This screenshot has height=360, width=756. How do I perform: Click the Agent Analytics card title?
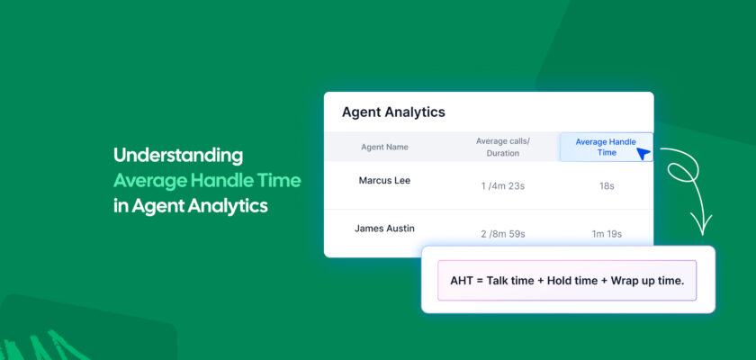click(393, 112)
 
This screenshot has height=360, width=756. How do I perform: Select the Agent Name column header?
click(385, 147)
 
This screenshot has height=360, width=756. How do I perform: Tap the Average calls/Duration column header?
click(503, 147)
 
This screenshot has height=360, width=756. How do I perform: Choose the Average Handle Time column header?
click(606, 147)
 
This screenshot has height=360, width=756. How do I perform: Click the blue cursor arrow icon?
click(643, 154)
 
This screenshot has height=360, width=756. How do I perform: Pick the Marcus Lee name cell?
click(385, 180)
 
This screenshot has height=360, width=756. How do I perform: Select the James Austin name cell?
click(385, 229)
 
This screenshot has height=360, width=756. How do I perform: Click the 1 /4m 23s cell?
click(503, 186)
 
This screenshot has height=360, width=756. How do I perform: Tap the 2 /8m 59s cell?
click(503, 234)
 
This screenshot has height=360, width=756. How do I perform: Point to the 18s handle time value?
click(607, 186)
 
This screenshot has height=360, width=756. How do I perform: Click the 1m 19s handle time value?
click(607, 234)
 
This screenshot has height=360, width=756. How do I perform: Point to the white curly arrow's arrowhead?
click(701, 227)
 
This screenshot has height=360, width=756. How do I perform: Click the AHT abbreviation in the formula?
click(462, 281)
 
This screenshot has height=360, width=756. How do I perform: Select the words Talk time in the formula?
click(508, 281)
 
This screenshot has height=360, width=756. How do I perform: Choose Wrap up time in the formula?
click(647, 282)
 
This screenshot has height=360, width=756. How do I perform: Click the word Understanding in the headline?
click(178, 156)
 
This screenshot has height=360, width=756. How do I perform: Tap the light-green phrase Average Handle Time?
click(207, 181)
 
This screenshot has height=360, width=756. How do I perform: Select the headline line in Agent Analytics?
click(191, 206)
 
